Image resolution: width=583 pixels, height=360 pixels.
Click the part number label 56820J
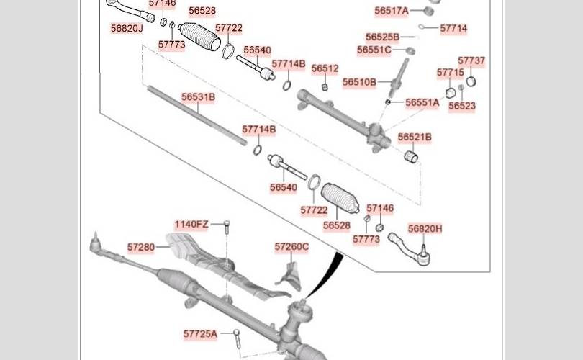[x=127, y=28]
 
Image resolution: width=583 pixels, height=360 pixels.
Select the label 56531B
[x=198, y=97]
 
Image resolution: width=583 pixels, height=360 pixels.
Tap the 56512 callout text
[x=325, y=68]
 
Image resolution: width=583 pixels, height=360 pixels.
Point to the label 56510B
[x=360, y=82]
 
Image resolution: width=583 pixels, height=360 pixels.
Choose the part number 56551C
[x=374, y=50]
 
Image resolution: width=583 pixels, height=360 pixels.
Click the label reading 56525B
[x=383, y=37]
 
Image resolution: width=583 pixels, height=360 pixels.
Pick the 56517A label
[x=392, y=11]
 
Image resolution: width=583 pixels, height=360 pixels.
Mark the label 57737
[x=471, y=60]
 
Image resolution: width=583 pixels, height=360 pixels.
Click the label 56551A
[x=422, y=103]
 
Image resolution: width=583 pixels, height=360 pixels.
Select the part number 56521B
[x=415, y=138]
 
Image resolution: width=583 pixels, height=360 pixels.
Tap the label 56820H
[x=425, y=229]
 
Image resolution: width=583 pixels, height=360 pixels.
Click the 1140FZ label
[x=191, y=225]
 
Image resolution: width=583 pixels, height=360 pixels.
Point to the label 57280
[x=141, y=247]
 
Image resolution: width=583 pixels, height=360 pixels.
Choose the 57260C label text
[x=292, y=247]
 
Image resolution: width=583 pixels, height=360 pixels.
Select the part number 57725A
[x=200, y=334]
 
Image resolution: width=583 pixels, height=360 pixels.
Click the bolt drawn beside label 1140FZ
[x=227, y=227]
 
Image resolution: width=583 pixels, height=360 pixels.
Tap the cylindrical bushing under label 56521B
[x=411, y=157]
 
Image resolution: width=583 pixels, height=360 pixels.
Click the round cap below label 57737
[x=471, y=81]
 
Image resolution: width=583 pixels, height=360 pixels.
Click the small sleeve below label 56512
[x=324, y=87]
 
